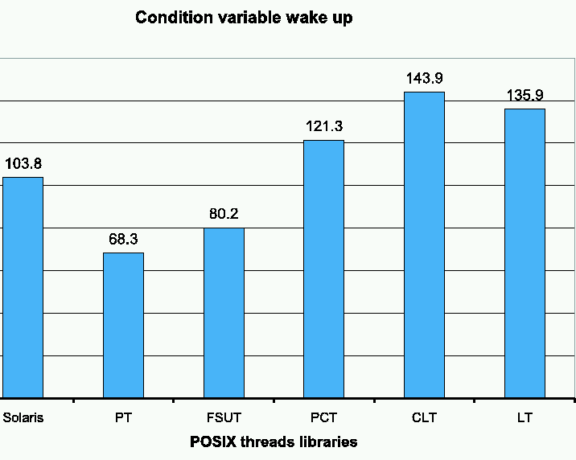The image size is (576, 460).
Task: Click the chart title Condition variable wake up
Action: [244, 18]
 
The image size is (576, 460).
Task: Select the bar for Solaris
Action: [23, 287]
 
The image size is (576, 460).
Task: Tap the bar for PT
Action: [123, 325]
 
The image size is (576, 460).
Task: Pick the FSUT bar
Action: [224, 313]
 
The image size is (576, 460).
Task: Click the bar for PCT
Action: [323, 269]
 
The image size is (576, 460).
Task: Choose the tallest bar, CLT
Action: [424, 244]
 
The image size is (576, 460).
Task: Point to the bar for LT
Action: [525, 253]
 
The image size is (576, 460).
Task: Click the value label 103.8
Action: [23, 164]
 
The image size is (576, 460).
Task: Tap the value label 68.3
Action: [123, 240]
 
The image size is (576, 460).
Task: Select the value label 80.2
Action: [224, 215]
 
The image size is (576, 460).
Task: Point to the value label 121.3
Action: [323, 126]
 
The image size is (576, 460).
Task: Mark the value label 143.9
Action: [424, 79]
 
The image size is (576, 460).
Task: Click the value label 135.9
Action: [525, 95]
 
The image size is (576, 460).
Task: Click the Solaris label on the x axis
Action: [23, 418]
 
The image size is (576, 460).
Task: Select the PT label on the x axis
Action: [123, 418]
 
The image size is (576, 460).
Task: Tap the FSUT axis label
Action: [224, 418]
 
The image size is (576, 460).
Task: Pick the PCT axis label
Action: [323, 418]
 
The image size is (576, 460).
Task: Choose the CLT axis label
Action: [424, 418]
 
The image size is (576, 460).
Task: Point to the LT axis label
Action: [525, 418]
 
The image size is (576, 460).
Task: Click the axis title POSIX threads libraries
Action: [274, 442]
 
